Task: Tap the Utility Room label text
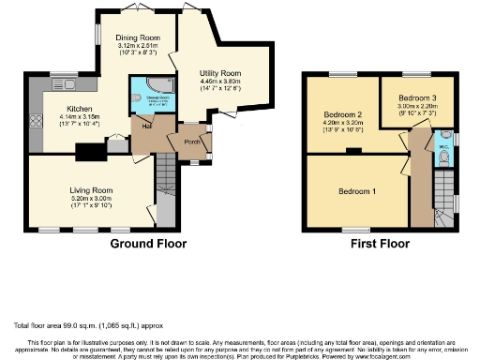point(222,72)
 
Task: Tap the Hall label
point(147,125)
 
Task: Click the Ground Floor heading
point(148,244)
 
